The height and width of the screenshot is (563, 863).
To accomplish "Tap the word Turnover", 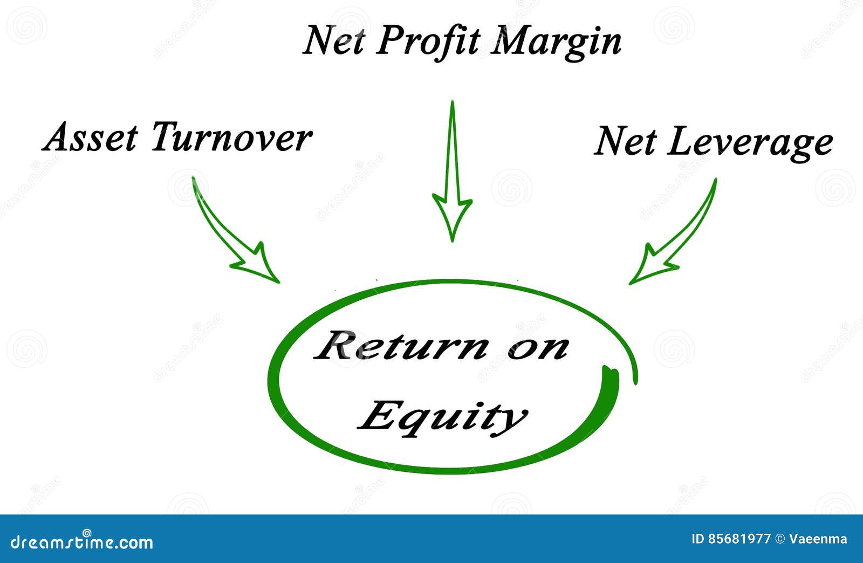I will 231,138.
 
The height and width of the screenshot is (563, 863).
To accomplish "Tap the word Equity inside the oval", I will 442,416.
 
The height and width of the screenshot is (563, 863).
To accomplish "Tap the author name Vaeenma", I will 818,539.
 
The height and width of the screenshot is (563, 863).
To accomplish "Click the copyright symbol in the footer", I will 779,539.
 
